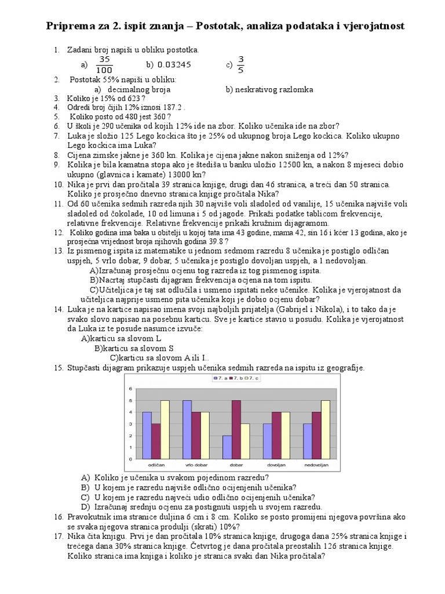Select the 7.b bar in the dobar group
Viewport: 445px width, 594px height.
[x=236, y=430]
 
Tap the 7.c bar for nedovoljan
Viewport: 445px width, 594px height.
[x=325, y=430]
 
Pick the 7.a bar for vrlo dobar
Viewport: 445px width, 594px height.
[x=187, y=430]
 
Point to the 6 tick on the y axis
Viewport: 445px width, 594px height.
[x=131, y=388]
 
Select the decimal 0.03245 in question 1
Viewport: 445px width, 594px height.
[x=174, y=65]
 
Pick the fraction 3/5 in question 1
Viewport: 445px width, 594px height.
[x=241, y=64]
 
